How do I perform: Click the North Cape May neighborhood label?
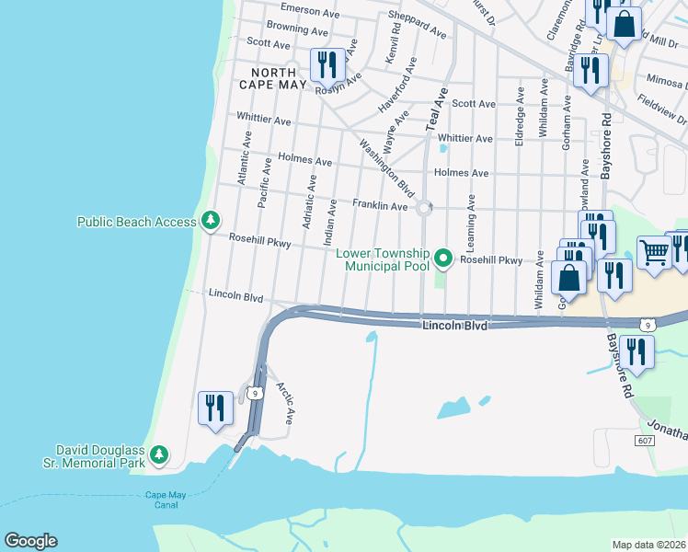[268, 78]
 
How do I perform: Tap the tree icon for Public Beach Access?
[212, 221]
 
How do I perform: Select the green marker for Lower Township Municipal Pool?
[444, 259]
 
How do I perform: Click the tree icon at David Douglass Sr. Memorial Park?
[159, 454]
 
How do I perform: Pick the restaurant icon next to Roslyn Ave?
[327, 65]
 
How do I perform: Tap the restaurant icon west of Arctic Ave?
[215, 408]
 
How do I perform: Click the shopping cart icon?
[654, 252]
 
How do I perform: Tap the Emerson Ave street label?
[310, 10]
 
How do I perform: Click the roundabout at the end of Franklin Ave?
[424, 208]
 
